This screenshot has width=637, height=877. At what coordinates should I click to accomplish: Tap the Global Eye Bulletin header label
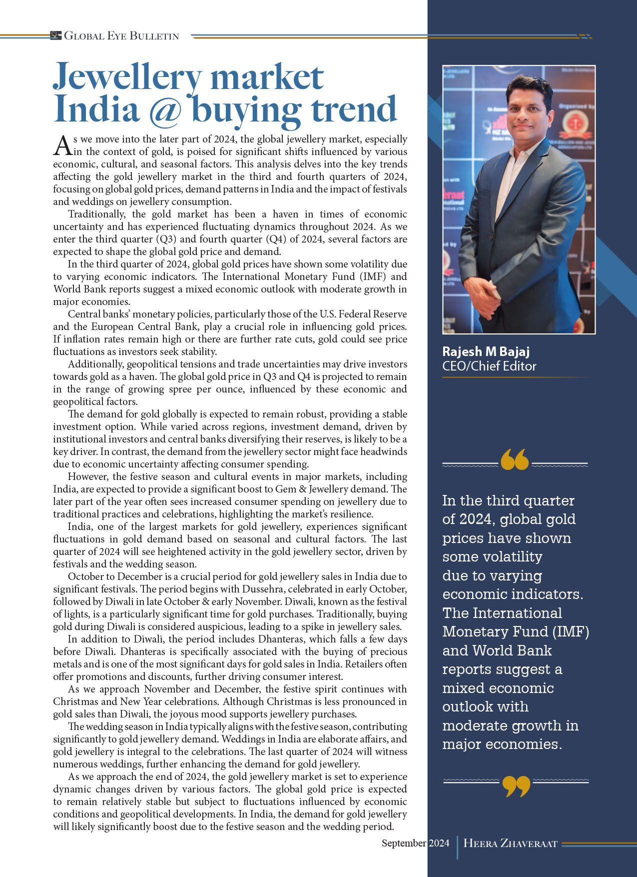click(x=121, y=36)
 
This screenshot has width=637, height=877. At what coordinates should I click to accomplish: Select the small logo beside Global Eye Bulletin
click(x=55, y=35)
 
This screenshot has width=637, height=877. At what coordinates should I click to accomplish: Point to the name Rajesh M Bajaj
click(x=479, y=351)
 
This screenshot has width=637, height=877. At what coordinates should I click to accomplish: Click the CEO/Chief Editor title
click(x=489, y=366)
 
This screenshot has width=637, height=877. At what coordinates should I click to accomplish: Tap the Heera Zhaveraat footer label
click(x=510, y=843)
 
